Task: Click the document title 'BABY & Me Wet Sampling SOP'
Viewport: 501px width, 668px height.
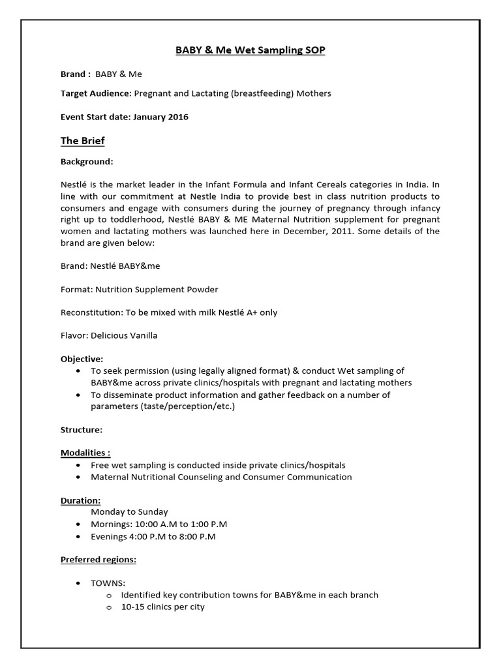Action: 251,50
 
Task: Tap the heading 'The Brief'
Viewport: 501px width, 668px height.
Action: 82,140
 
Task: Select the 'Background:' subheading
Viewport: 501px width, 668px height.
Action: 87,161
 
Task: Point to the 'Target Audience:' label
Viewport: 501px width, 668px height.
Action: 96,93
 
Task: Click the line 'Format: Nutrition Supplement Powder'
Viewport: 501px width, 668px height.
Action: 139,289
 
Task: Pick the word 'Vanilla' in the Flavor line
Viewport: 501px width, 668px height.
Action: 142,336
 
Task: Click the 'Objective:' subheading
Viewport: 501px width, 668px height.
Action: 82,359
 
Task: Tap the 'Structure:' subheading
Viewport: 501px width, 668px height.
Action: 81,430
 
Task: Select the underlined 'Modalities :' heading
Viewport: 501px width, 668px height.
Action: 85,453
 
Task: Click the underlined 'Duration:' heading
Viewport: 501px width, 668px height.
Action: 80,500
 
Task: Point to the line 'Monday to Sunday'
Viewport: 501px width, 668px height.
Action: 129,512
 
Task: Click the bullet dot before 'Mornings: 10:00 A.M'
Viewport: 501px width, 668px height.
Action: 78,524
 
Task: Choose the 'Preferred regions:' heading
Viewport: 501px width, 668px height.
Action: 99,560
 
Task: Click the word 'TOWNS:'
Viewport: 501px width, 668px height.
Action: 108,583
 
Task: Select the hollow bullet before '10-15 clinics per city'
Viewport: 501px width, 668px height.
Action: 109,607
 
